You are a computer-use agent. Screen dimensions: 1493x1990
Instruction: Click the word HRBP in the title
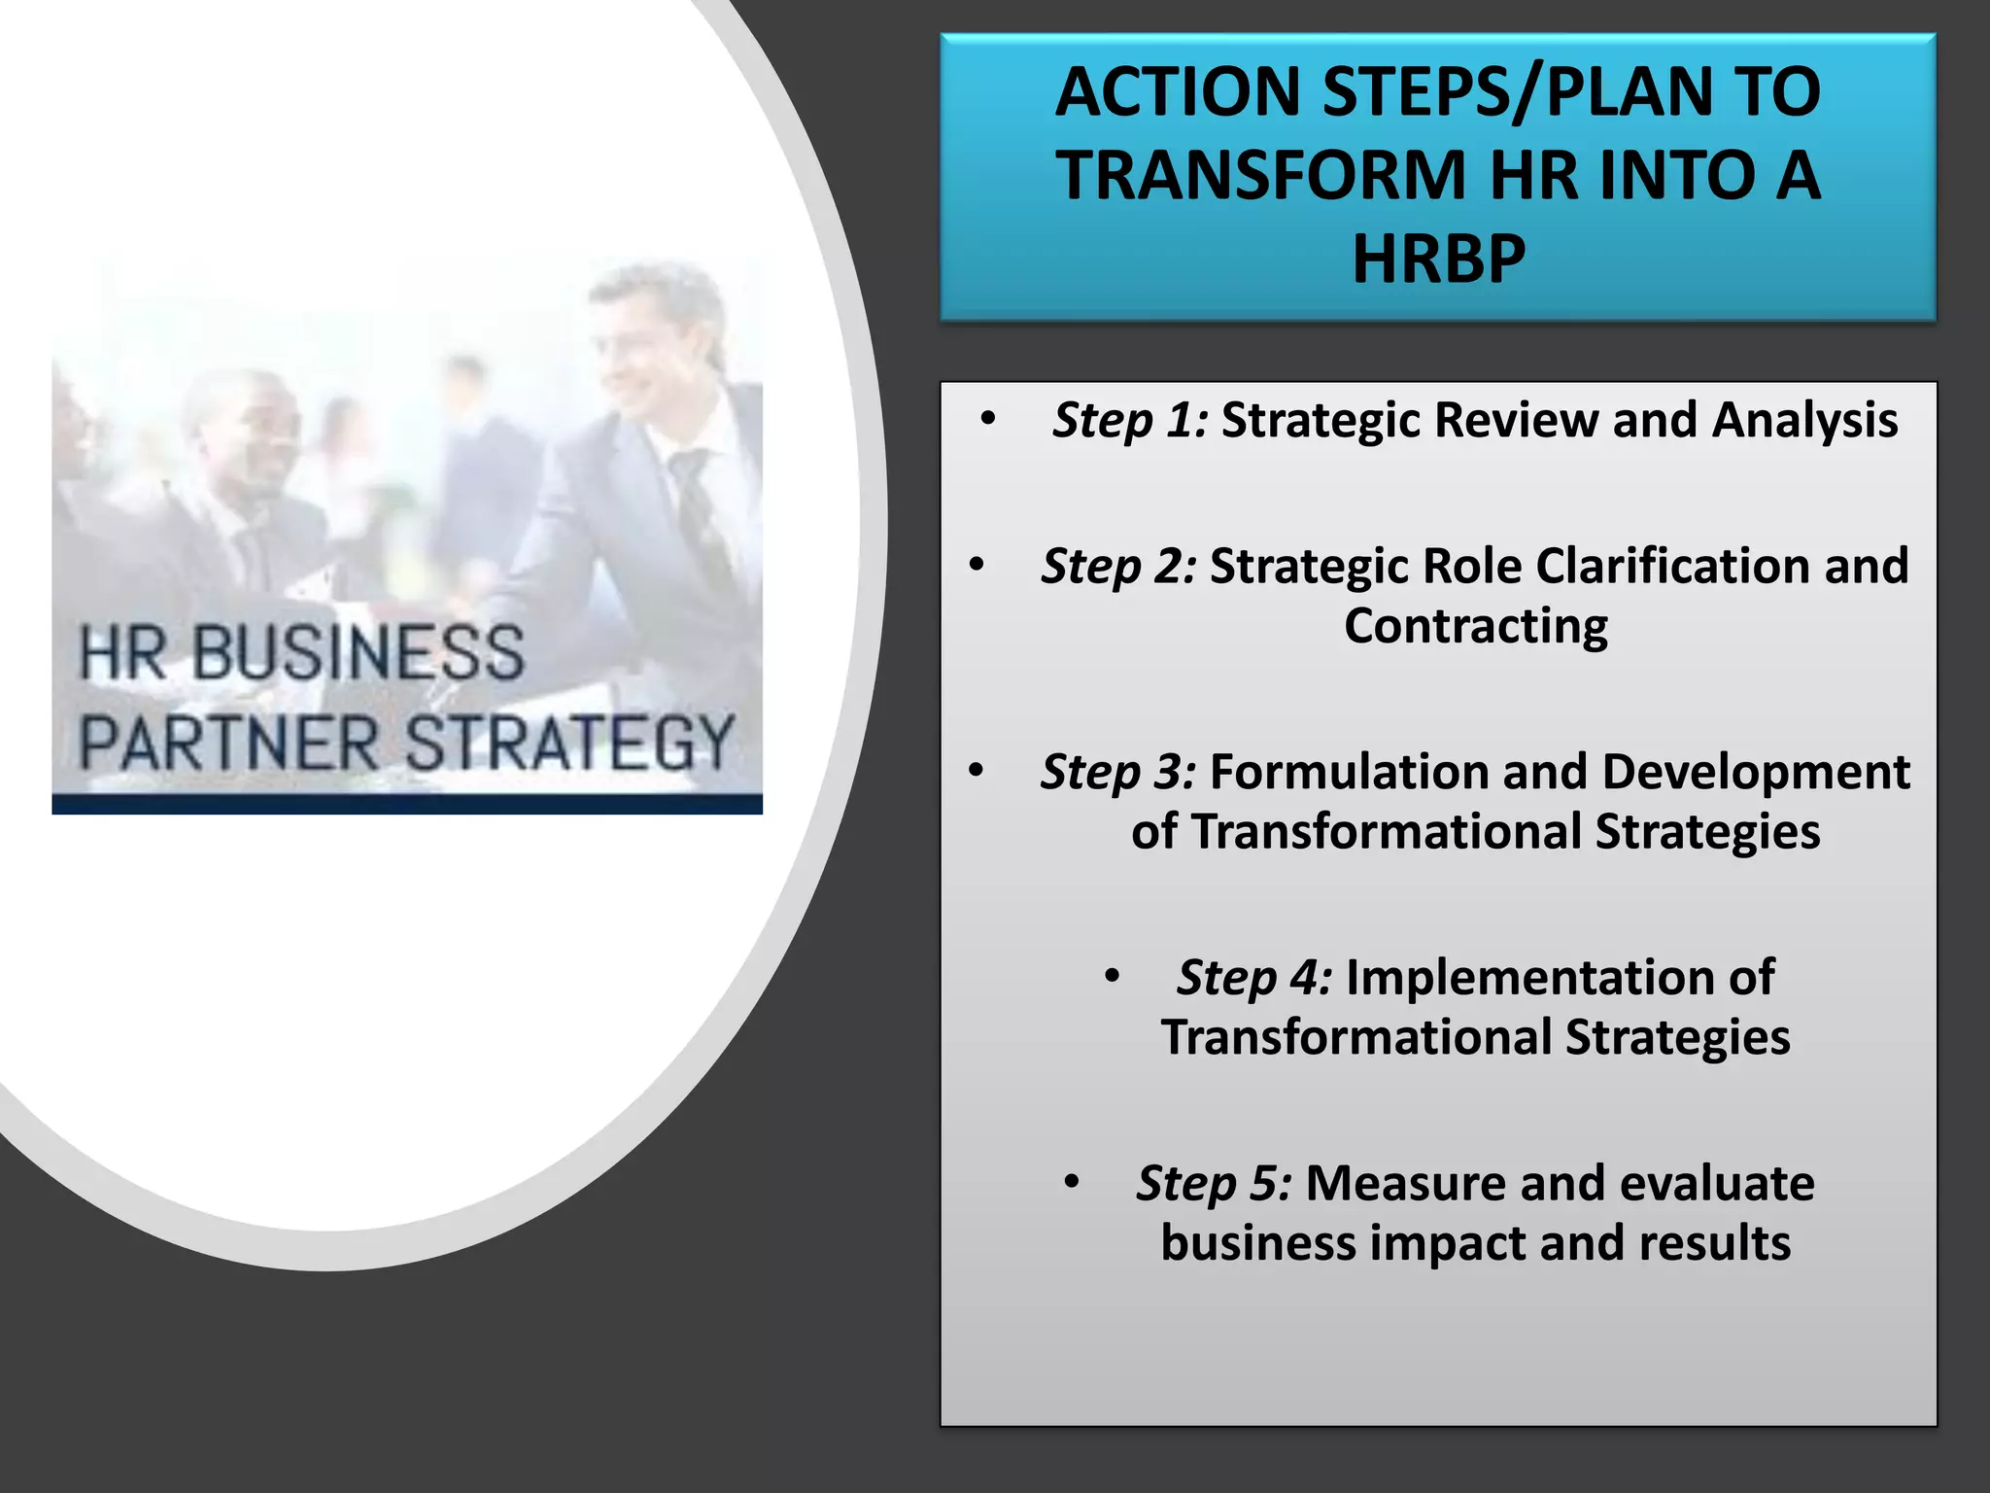point(1438,260)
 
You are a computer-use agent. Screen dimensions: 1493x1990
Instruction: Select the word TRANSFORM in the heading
point(1261,176)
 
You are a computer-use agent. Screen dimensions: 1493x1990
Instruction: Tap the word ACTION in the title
point(1177,92)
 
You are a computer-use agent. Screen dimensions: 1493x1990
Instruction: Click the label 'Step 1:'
point(1130,421)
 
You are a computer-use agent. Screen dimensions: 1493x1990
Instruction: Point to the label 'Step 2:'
point(1118,567)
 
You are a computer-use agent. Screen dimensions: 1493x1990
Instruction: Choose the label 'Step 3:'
point(1118,773)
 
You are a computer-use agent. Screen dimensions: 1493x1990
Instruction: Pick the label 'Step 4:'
point(1254,978)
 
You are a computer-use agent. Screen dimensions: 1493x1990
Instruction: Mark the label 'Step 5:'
point(1214,1184)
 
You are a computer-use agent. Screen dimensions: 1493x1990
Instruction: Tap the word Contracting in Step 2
point(1475,627)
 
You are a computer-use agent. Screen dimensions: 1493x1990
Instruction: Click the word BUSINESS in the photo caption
point(358,653)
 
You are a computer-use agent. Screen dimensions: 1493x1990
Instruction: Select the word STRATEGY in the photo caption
point(568,744)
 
